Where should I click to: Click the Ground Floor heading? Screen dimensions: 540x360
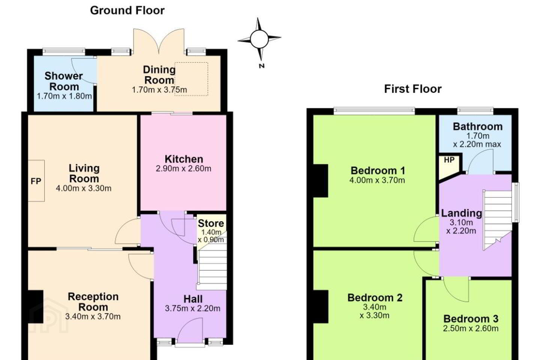point(127,10)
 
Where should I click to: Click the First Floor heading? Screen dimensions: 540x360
point(413,89)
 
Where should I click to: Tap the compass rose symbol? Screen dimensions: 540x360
point(259,39)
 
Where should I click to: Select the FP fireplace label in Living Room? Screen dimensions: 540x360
point(36,181)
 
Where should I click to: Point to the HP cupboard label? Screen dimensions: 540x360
point(449,160)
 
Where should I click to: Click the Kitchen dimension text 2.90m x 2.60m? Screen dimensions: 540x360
point(183,168)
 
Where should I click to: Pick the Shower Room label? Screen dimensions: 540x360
point(64,81)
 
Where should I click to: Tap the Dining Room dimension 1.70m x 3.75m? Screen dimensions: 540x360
point(159,90)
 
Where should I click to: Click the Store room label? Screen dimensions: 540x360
point(211,223)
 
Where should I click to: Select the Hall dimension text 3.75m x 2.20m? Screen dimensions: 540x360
point(193,308)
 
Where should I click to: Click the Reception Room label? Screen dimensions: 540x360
point(93,302)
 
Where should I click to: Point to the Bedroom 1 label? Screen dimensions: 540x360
point(378,171)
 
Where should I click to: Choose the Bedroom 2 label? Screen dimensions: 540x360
point(375,297)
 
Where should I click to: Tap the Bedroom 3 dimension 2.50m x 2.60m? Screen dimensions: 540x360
point(471,328)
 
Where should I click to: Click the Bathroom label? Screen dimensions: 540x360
point(478,127)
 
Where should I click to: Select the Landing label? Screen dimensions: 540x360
point(461,213)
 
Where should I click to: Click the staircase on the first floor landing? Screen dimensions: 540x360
point(497,220)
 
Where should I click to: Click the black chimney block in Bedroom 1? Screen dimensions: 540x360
point(321,181)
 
